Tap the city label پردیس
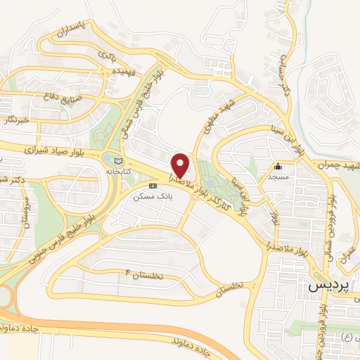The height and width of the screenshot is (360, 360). tap(328, 287)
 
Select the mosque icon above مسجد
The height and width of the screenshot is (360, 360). tap(278, 167)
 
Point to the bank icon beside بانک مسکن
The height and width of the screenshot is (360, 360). tap(153, 187)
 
